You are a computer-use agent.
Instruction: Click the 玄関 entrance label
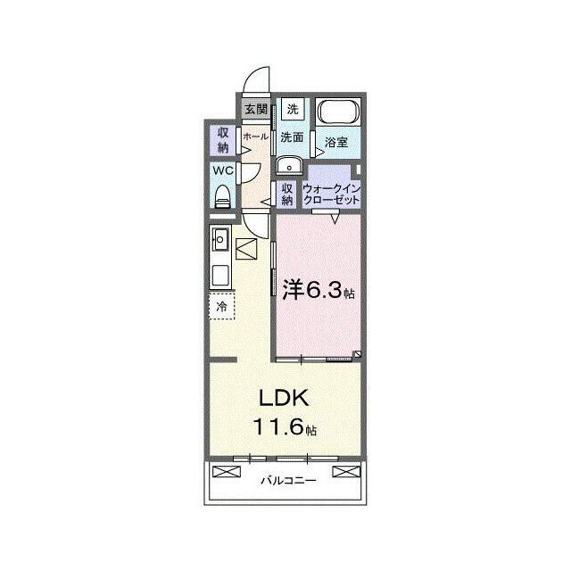(x=256, y=109)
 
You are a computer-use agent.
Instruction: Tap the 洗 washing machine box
(x=293, y=109)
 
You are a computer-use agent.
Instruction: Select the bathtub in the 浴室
(x=338, y=111)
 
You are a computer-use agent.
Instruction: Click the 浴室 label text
(x=336, y=142)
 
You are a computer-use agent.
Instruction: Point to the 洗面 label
(x=292, y=137)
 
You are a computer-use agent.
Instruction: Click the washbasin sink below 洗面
(x=289, y=165)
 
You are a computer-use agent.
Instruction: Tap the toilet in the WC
(x=222, y=197)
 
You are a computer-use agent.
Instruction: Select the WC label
(x=222, y=170)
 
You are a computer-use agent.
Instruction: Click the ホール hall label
(x=256, y=137)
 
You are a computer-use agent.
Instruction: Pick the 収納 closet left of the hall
(x=223, y=141)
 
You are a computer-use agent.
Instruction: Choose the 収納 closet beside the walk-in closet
(x=287, y=194)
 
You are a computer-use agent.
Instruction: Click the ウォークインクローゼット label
(x=331, y=194)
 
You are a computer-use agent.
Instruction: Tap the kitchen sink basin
(x=220, y=239)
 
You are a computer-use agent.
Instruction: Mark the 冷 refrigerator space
(x=222, y=306)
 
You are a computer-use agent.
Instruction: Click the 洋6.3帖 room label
(x=319, y=290)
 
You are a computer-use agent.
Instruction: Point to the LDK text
(x=284, y=398)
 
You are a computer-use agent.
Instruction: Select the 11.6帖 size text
(x=285, y=426)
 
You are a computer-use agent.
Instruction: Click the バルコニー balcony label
(x=288, y=481)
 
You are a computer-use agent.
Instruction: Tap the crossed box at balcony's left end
(x=227, y=472)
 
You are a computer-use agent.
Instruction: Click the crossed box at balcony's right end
(x=346, y=472)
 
